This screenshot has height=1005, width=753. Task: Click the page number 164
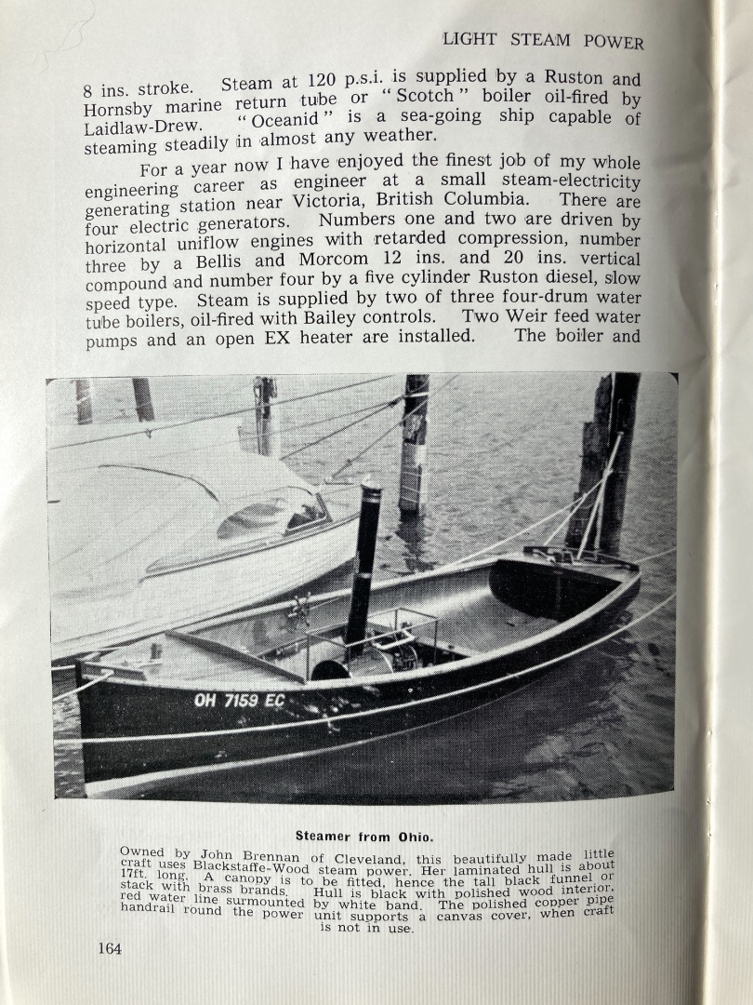click(x=109, y=948)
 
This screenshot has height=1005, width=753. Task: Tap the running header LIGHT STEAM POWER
click(x=543, y=41)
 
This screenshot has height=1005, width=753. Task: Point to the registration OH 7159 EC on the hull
click(x=239, y=700)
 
